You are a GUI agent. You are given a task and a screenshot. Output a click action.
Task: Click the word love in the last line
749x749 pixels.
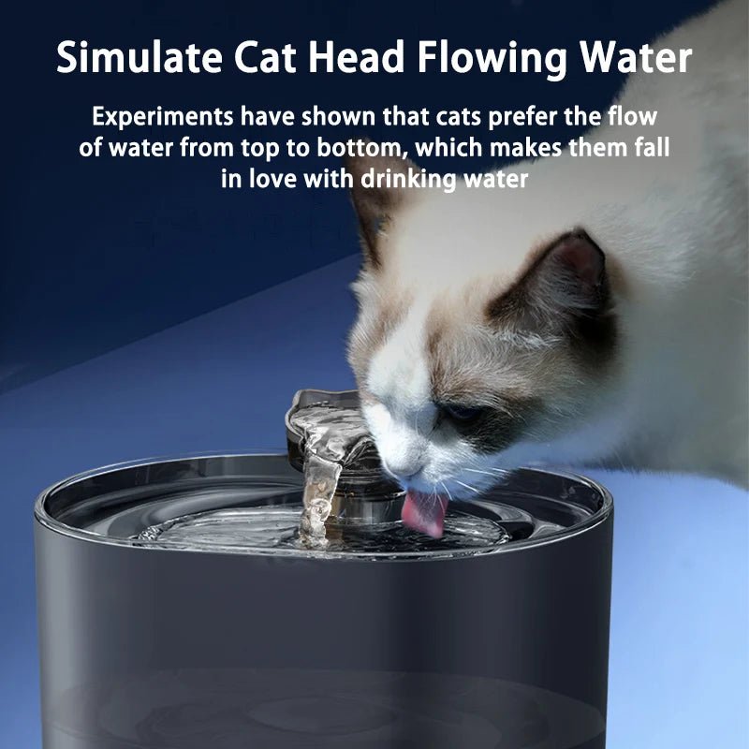(x=272, y=178)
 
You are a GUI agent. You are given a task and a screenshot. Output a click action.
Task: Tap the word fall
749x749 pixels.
(x=650, y=148)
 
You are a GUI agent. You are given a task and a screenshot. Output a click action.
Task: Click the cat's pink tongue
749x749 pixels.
(x=426, y=514)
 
